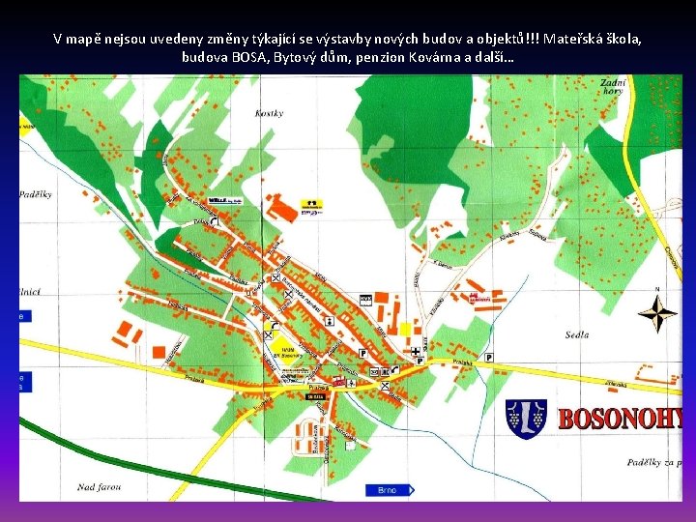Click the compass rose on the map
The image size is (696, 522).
pyautogui.click(x=657, y=313)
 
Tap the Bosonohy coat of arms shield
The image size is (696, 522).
pyautogui.click(x=527, y=419)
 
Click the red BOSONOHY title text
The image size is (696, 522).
pyautogui.click(x=619, y=419)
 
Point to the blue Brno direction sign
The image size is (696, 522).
pyautogui.click(x=389, y=490)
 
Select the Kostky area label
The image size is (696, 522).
pyautogui.click(x=270, y=113)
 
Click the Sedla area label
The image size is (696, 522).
pyautogui.click(x=576, y=334)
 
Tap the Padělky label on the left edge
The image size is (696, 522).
pyautogui.click(x=35, y=194)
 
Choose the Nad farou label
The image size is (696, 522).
pyautogui.click(x=100, y=486)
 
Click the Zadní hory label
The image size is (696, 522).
pyautogui.click(x=613, y=90)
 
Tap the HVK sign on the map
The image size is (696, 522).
pyautogui.click(x=365, y=299)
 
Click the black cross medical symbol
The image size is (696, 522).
pyautogui.click(x=416, y=352)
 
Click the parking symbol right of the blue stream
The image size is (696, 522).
pyautogui.click(x=488, y=357)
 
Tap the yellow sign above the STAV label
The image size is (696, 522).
pyautogui.click(x=310, y=203)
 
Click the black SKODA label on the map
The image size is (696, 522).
pyautogui.click(x=315, y=396)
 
